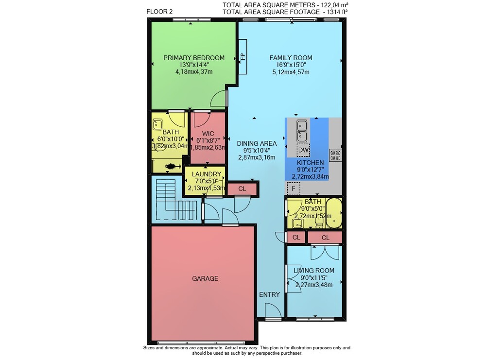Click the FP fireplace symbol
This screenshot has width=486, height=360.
pyautogui.click(x=243, y=57)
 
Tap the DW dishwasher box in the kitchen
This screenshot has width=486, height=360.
pyautogui.click(x=303, y=150)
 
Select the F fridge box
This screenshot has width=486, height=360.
pyautogui.click(x=293, y=189)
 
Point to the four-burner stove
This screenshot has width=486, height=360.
pyautogui.click(x=335, y=155)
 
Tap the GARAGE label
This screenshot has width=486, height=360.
pyautogui.click(x=205, y=278)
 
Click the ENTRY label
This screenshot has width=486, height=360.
pyautogui.click(x=269, y=294)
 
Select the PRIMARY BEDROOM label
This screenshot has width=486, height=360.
pyautogui.click(x=194, y=58)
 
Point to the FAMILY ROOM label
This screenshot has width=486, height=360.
pyautogui.click(x=291, y=58)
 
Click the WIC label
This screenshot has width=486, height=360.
pyautogui.click(x=208, y=134)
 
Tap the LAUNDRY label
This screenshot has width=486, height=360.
pyautogui.click(x=207, y=174)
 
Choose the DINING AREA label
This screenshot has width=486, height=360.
pyautogui.click(x=257, y=143)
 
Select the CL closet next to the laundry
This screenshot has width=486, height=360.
pyautogui.click(x=242, y=189)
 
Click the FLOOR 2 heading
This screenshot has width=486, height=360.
pyautogui.click(x=159, y=12)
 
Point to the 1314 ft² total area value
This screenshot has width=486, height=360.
pyautogui.click(x=335, y=12)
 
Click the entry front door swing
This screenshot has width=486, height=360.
pyautogui.click(x=273, y=310)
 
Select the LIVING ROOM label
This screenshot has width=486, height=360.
pyautogui.click(x=313, y=271)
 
